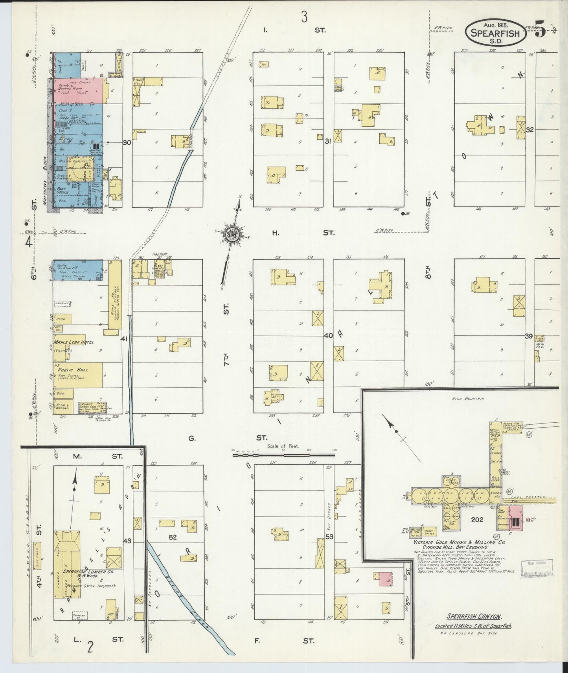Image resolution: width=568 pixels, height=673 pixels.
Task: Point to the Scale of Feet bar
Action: pyautogui.click(x=283, y=455)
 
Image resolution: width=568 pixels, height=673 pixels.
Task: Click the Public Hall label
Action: pyautogui.click(x=73, y=370)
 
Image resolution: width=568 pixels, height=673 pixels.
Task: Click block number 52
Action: pyautogui.click(x=173, y=537)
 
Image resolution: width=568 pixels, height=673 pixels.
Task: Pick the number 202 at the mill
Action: pyautogui.click(x=477, y=520)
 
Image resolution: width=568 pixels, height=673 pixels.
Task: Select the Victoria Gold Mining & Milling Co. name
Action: pyautogui.click(x=459, y=542)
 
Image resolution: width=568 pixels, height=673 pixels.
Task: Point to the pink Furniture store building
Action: pyautogui.click(x=79, y=91)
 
